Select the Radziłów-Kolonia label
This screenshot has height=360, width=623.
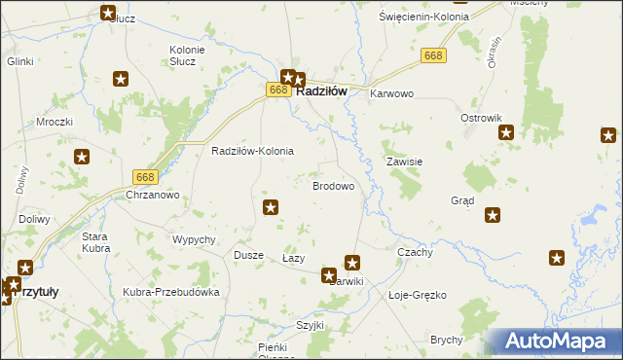tap(252, 152)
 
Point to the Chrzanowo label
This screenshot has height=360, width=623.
tap(153, 195)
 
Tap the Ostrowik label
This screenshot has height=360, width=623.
tap(480, 117)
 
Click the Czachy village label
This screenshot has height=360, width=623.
tap(416, 251)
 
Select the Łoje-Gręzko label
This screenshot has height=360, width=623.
tap(417, 294)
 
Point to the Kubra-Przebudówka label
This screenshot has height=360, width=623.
tap(171, 292)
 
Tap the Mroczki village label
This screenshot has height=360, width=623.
tap(55, 123)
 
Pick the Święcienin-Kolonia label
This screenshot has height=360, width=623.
tap(423, 18)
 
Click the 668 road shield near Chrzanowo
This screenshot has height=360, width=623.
tap(145, 176)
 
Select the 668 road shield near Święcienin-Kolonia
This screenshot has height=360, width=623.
tap(434, 58)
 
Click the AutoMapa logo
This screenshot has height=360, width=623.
tap(556, 342)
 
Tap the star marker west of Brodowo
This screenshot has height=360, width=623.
tap(272, 206)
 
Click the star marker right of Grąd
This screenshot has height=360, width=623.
tap(494, 215)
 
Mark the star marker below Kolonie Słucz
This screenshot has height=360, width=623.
tap(122, 79)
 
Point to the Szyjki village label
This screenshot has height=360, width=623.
tap(311, 325)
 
